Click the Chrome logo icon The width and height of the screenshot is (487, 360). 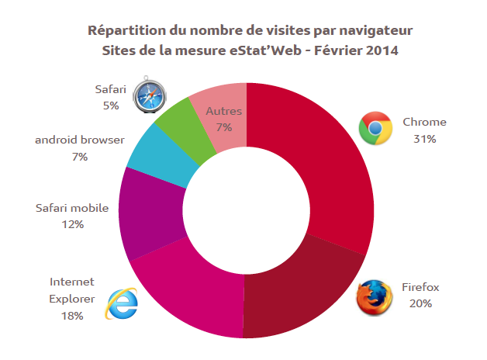coord(375,129)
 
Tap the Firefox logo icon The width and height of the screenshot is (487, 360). coord(375,296)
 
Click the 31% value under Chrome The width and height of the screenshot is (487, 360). coord(424,140)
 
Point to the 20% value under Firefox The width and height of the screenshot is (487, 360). coord(420,303)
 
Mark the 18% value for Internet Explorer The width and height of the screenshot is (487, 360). coord(71,316)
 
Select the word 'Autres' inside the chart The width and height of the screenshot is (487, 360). coord(224,112)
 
